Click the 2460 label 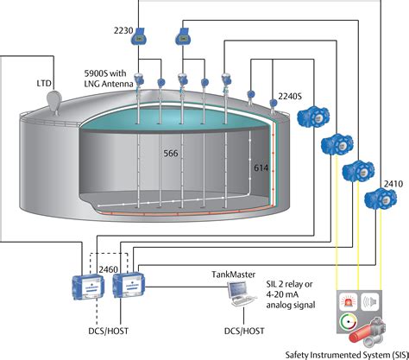click(x=109, y=270)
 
